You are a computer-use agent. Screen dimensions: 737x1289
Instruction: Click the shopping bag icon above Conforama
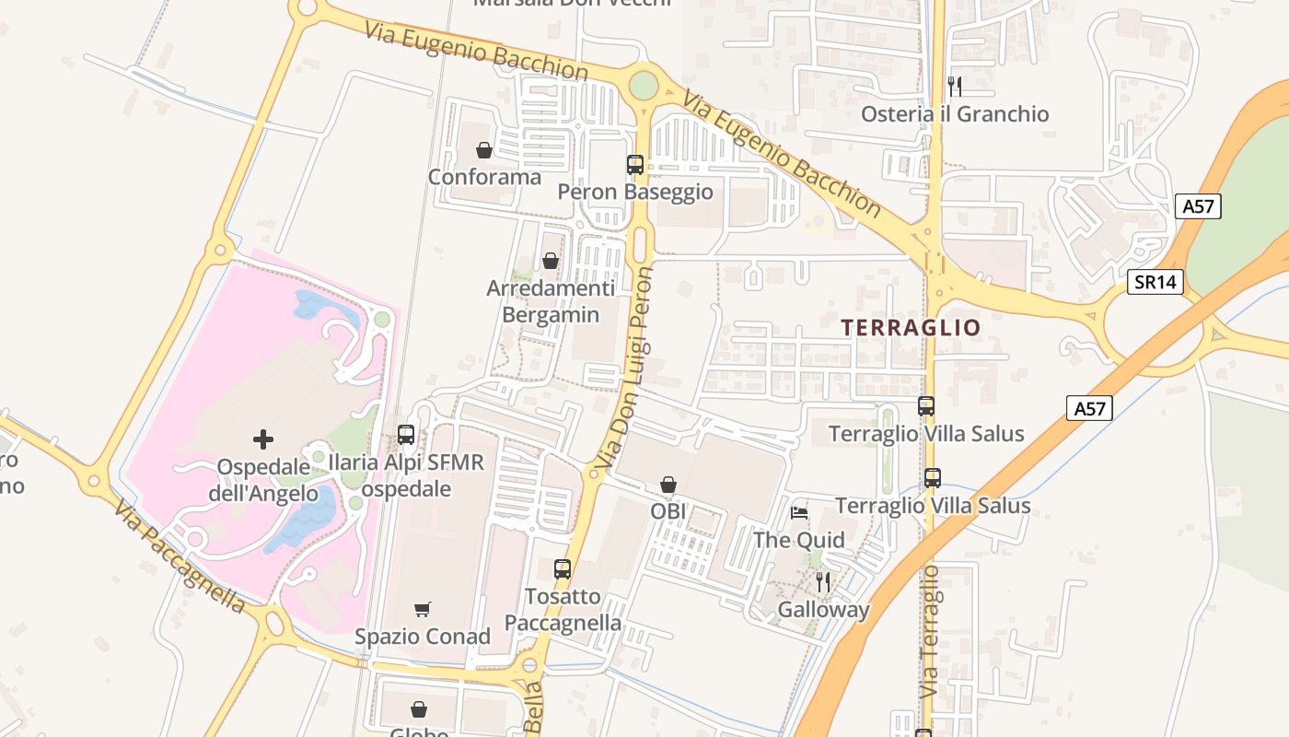(484, 150)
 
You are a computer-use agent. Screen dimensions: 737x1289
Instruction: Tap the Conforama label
(484, 176)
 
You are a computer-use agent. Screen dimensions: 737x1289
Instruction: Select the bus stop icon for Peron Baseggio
(635, 165)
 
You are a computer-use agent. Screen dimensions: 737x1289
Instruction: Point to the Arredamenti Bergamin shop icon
(551, 262)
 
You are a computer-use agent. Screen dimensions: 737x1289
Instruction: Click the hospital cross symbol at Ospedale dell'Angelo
(263, 439)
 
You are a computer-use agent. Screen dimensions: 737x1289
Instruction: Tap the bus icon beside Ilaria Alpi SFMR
(406, 435)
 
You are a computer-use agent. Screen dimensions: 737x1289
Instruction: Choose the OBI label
(668, 510)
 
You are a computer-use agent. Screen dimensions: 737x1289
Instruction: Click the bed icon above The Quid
(799, 512)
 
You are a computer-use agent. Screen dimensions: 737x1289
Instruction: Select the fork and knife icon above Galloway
(823, 582)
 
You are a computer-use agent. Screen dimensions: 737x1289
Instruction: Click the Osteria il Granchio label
(955, 114)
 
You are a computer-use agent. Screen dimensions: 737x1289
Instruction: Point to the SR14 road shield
(1155, 282)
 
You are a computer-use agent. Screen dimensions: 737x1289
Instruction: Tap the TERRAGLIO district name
(911, 328)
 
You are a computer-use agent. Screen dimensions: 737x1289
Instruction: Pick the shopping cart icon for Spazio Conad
(423, 609)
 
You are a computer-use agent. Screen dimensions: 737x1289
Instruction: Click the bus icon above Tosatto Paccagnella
(563, 569)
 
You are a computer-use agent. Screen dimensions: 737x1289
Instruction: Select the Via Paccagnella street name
(180, 557)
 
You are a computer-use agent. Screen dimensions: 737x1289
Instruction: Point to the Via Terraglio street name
(930, 632)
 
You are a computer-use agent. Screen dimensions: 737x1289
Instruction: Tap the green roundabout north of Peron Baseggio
(644, 86)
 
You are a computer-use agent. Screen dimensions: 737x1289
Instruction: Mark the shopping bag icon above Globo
(419, 708)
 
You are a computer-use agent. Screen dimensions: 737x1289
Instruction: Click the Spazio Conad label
(423, 637)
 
